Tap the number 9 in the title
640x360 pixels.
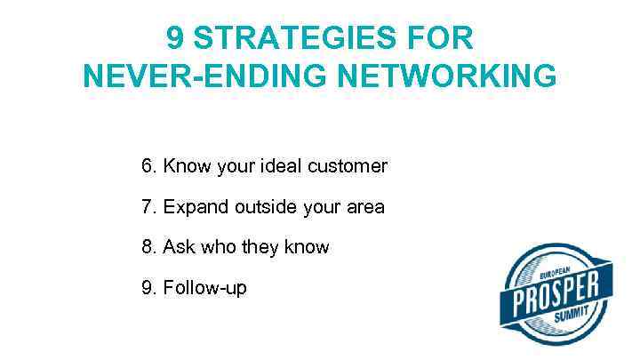[174, 39]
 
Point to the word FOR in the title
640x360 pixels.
[444, 39]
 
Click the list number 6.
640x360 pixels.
[148, 166]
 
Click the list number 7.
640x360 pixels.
[148, 207]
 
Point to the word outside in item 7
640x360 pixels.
[266, 207]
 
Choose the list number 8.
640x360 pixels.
[148, 247]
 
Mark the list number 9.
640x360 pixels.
[148, 288]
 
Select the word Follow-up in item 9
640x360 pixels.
[205, 288]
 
